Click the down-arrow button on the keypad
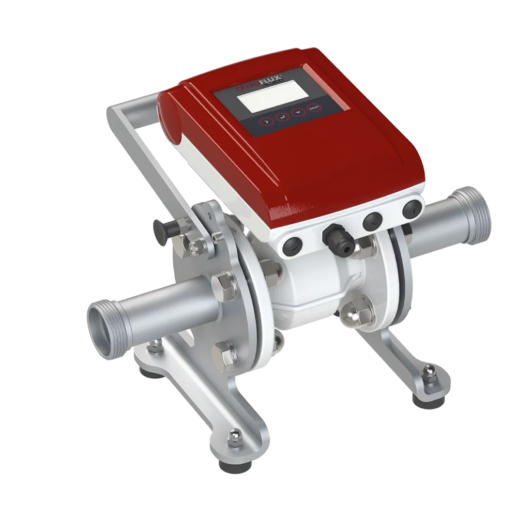[x=298, y=112]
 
